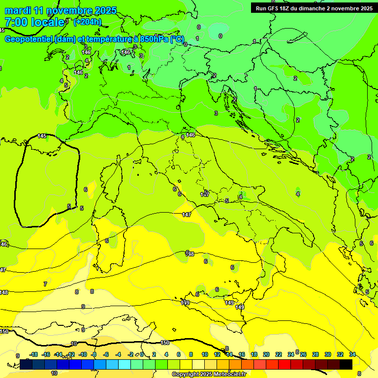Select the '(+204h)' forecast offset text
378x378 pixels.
(88, 22)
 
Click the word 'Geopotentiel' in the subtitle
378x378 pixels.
(29, 39)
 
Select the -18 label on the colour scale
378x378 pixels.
(34, 354)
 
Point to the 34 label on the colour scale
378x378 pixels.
(352, 354)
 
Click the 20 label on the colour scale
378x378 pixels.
(266, 354)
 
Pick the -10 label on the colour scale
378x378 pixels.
(83, 354)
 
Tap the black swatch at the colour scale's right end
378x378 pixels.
(346, 364)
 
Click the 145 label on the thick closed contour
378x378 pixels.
(42, 136)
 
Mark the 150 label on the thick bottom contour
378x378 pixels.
(165, 343)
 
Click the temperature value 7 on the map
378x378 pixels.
(45, 284)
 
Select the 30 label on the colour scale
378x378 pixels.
(328, 354)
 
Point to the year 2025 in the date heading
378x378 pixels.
(105, 10)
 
